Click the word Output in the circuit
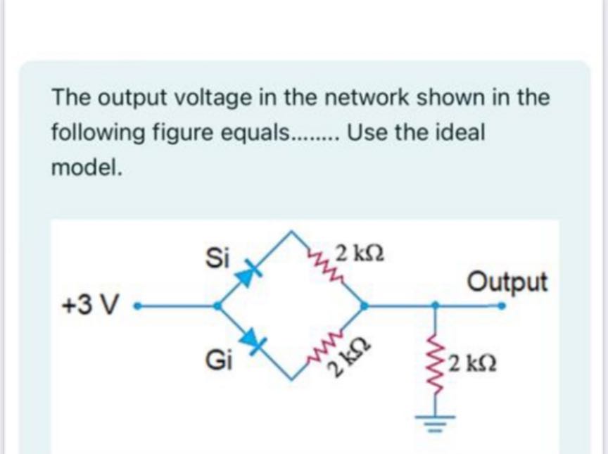507,282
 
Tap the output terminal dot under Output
502,306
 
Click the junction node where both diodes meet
218,306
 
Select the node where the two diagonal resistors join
364,306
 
